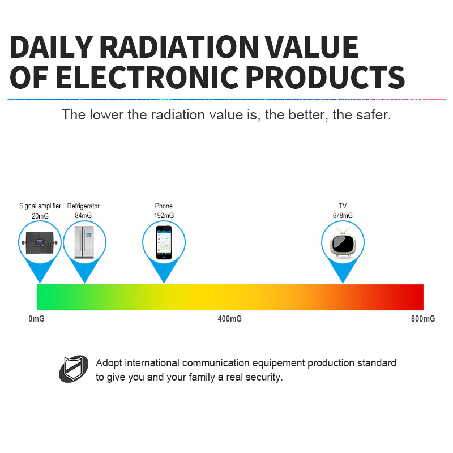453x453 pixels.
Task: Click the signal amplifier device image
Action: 40,243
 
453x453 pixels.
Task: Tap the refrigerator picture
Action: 84,242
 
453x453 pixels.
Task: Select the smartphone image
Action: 164,242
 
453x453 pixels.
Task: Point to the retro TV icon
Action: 343,242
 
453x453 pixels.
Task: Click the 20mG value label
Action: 40,216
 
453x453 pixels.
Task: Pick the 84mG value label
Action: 83,216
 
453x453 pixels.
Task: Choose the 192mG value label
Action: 164,216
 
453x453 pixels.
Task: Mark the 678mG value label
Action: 343,216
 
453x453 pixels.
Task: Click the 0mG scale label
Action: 36,319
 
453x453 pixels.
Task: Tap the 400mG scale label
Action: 230,319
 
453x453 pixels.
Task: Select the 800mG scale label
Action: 423,319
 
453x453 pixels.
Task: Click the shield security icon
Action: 74,369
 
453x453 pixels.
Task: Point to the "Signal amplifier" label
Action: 40,206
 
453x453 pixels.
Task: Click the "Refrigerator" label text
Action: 83,206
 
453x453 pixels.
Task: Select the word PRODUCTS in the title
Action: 325,77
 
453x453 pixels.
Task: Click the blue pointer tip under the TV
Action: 343,283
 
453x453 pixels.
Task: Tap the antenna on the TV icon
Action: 343,230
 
